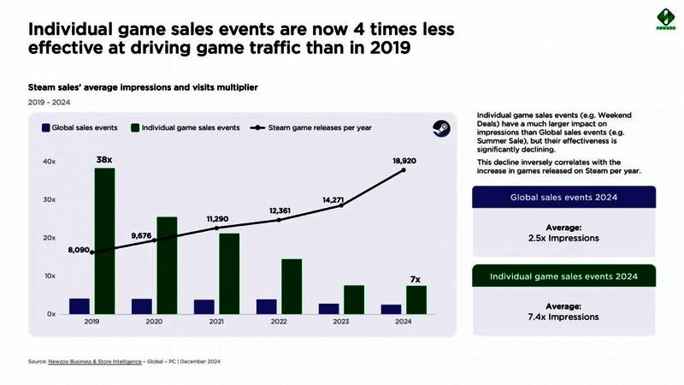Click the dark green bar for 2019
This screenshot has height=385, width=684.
(x=104, y=240)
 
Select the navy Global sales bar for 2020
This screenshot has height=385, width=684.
(x=142, y=305)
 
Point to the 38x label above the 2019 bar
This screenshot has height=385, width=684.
(x=104, y=159)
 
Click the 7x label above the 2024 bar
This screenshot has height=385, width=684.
(x=415, y=278)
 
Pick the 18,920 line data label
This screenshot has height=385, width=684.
(x=404, y=160)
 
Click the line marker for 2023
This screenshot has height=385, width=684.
(x=341, y=205)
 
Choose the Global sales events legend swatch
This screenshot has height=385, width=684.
(x=45, y=127)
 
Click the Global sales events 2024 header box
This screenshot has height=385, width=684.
(x=563, y=197)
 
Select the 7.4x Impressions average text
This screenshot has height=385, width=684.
(x=563, y=311)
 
